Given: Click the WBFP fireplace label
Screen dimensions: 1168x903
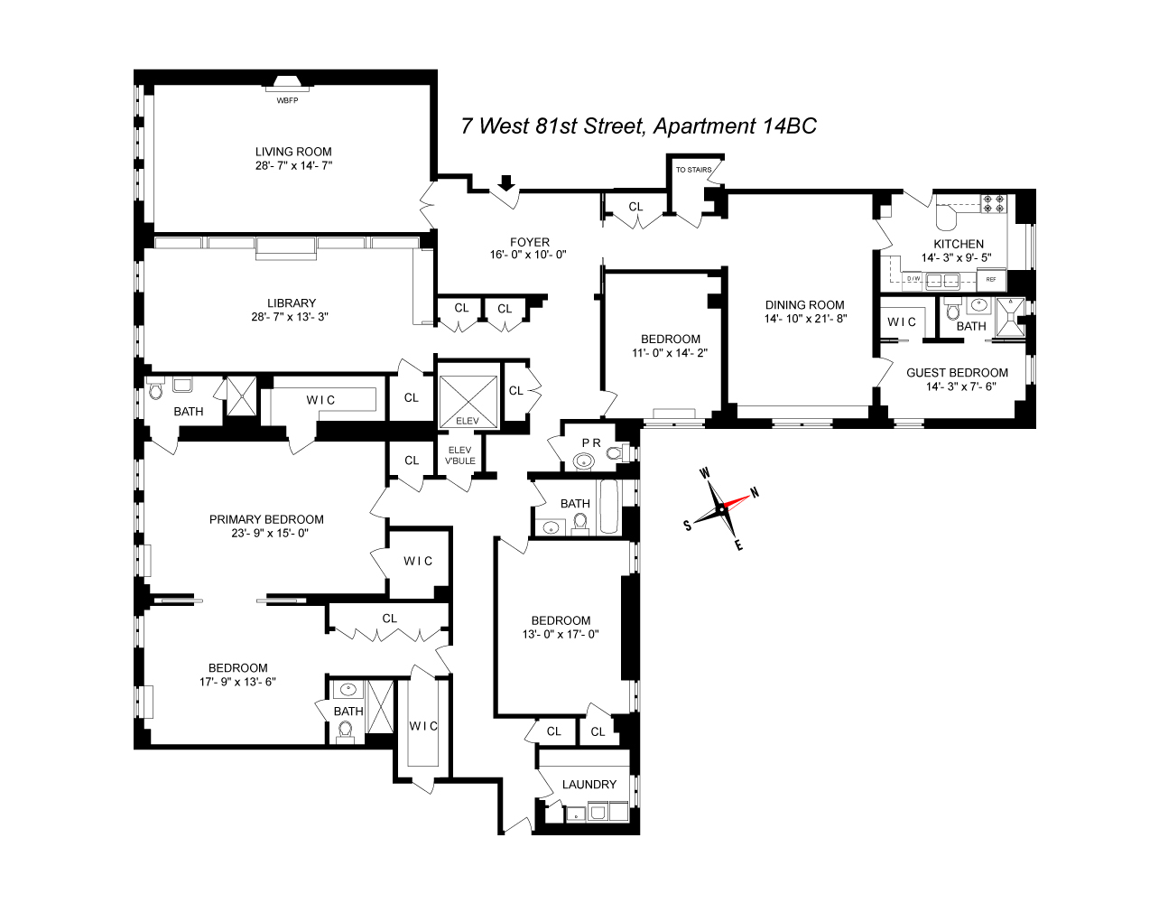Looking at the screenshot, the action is [287, 100].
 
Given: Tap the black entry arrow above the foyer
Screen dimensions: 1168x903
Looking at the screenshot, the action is [506, 182].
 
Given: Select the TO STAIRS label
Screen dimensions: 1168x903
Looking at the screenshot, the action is [693, 170].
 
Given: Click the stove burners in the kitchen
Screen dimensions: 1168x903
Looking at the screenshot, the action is [993, 204].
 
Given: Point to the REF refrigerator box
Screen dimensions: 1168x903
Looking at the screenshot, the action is [991, 280].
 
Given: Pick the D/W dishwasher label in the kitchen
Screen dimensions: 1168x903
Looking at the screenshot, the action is [913, 278].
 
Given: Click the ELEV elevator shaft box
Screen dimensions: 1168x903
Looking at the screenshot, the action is [468, 396].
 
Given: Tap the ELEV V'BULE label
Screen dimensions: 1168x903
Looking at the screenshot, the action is [460, 455].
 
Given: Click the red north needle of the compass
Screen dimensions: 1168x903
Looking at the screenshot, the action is [736, 502].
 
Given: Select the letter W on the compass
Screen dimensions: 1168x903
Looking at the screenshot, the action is [705, 473].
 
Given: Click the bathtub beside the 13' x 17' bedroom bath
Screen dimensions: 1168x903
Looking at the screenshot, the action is [609, 507].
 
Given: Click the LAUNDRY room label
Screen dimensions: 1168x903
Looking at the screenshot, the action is [589, 784].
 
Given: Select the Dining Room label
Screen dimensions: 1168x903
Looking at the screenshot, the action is [804, 305].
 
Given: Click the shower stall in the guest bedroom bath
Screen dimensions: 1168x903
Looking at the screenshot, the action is [1010, 317].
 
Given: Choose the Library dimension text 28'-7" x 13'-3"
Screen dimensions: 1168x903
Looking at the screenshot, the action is [290, 317].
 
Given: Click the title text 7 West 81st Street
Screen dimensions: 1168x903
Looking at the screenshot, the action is [553, 126].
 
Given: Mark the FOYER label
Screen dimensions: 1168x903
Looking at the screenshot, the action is [530, 242].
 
